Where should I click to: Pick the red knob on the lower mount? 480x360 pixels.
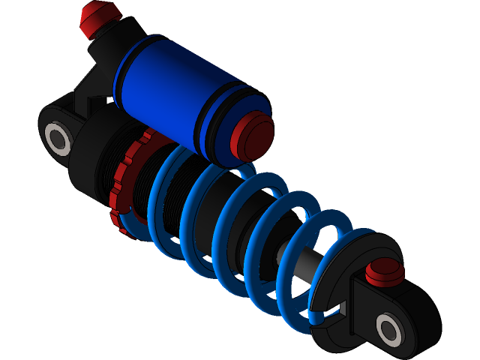pyautogui.click(x=385, y=271)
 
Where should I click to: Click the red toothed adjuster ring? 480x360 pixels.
pyautogui.click(x=124, y=187)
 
